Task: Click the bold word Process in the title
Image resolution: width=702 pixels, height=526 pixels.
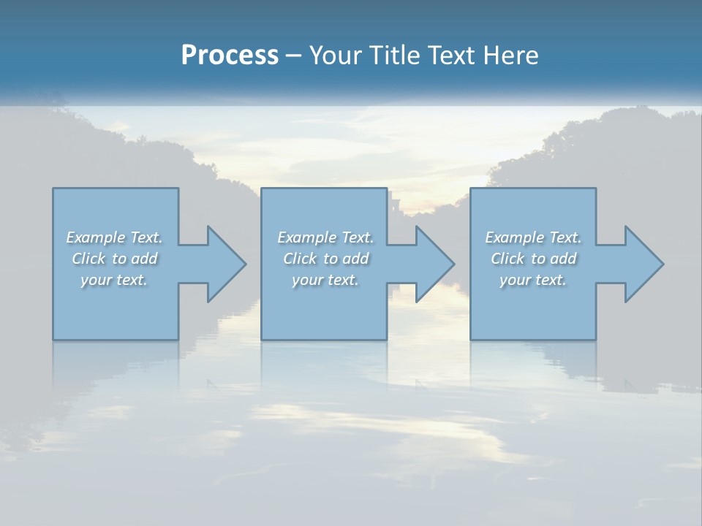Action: click(230, 56)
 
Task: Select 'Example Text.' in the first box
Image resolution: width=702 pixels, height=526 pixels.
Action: click(114, 237)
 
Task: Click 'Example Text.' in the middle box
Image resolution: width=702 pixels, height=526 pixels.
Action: click(325, 237)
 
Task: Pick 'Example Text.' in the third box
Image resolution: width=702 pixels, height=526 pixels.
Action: click(533, 237)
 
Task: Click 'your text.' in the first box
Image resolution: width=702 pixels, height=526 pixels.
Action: click(114, 280)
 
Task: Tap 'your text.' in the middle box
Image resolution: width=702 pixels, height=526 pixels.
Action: click(325, 280)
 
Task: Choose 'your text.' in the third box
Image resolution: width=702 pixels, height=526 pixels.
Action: click(533, 280)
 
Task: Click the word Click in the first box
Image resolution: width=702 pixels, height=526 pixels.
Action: click(88, 259)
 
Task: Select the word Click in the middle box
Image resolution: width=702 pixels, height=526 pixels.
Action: click(300, 259)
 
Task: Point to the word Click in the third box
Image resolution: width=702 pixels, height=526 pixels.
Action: click(507, 259)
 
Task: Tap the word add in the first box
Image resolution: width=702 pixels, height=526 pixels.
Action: click(145, 259)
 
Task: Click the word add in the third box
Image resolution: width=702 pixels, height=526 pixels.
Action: click(564, 259)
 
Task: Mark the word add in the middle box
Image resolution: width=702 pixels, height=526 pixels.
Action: click(356, 259)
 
